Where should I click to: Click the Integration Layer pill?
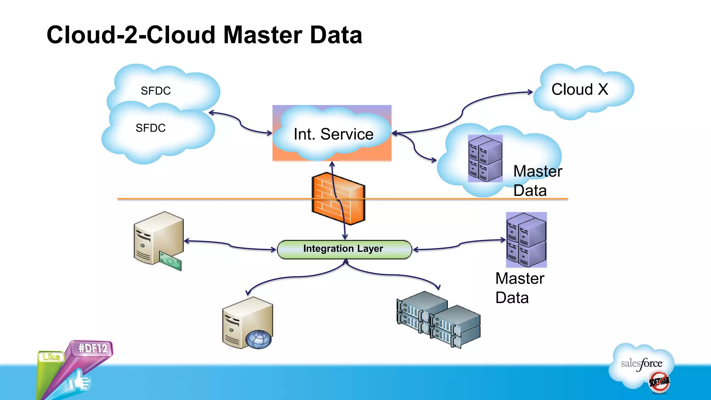pos(344,249)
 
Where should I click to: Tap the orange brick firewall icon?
pos(338,199)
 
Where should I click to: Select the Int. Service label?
pos(333,134)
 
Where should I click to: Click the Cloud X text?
pos(579,90)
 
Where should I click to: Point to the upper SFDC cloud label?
pos(156,91)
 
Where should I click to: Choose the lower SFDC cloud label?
pos(150,128)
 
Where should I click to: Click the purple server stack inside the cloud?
pos(485,159)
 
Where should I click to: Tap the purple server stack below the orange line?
pos(526,240)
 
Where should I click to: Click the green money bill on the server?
pos(170,261)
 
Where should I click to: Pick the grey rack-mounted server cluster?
pos(438,320)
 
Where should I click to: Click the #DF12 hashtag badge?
pos(92,348)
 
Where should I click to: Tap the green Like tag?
pos(51,357)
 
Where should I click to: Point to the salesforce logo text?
pos(641,364)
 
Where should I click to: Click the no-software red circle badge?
pos(659,382)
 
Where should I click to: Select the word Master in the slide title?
pos(262,35)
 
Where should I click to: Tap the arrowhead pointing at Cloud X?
pos(530,92)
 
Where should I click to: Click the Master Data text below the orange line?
pos(519,288)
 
